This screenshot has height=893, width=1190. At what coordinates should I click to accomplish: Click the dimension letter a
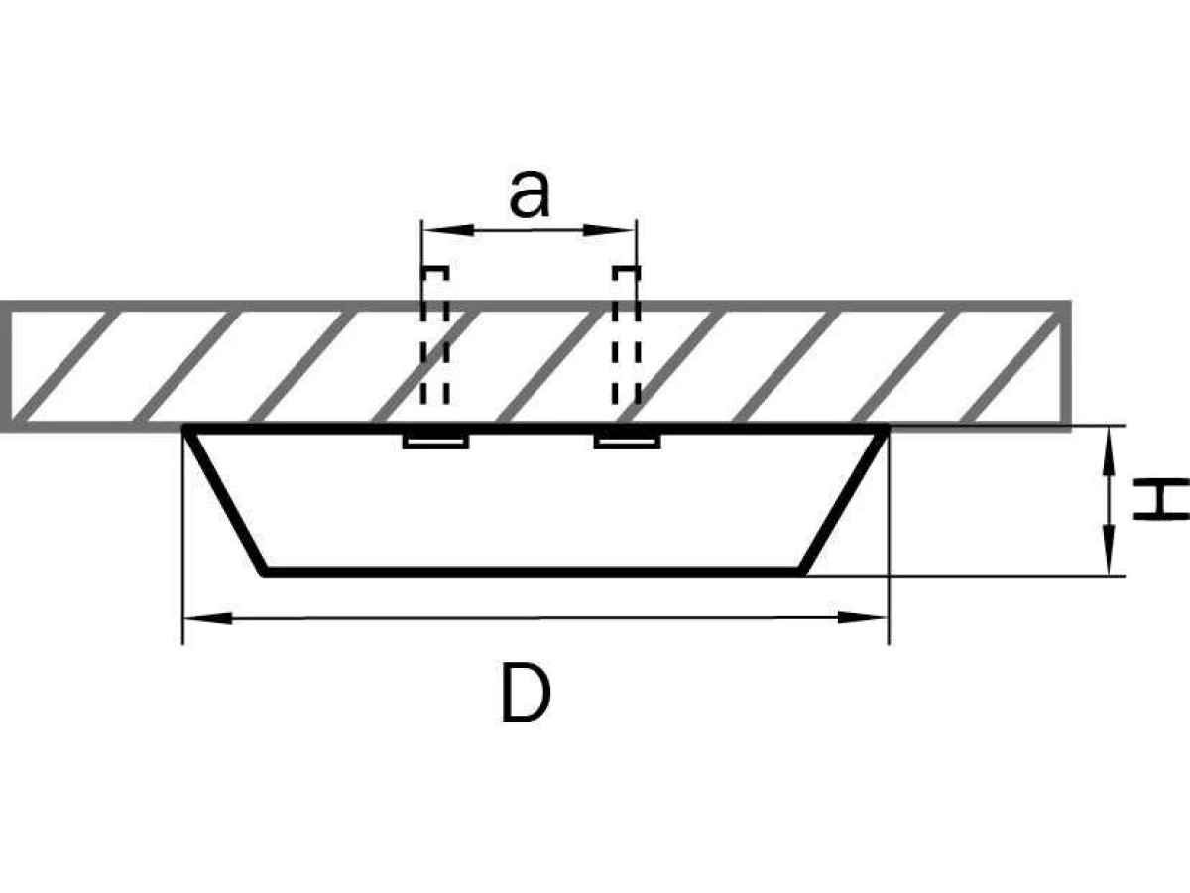point(530,194)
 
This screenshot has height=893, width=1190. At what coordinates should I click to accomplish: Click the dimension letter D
point(526,693)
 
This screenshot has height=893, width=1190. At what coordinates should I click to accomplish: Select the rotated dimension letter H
point(1161,499)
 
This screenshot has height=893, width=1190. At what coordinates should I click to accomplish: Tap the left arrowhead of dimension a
point(448,230)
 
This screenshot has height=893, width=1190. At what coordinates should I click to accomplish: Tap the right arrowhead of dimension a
point(609,230)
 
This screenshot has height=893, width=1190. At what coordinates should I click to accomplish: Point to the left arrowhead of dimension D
point(208,618)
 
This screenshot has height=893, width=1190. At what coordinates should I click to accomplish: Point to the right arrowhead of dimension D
point(862,617)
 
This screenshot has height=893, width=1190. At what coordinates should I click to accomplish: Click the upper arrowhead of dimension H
point(1110,451)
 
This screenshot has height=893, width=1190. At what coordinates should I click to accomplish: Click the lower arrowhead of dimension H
point(1110,551)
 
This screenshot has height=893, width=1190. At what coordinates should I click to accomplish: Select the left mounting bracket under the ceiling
point(436,442)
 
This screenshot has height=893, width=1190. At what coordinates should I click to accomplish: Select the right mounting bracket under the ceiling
point(628,442)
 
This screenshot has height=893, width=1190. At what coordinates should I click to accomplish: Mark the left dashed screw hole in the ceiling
point(434,335)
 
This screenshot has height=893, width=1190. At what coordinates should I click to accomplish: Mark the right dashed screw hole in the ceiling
point(626,335)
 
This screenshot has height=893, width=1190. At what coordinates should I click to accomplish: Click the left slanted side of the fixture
point(224,501)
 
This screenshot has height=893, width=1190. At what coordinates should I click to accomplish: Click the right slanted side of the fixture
point(845,501)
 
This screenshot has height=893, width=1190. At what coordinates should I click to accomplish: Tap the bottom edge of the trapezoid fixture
point(533,572)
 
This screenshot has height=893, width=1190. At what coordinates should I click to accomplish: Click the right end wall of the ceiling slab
point(1065,366)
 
